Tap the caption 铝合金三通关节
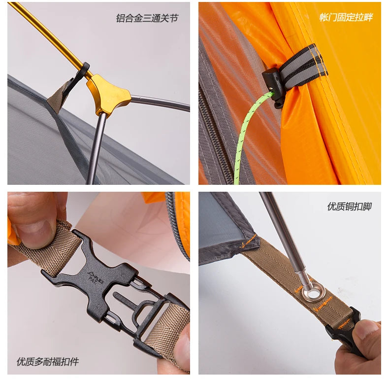147,18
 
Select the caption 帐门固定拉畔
346,17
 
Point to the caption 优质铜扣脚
349,207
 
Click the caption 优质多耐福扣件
47,361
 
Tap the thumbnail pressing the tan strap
35,231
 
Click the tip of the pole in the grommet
306,285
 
